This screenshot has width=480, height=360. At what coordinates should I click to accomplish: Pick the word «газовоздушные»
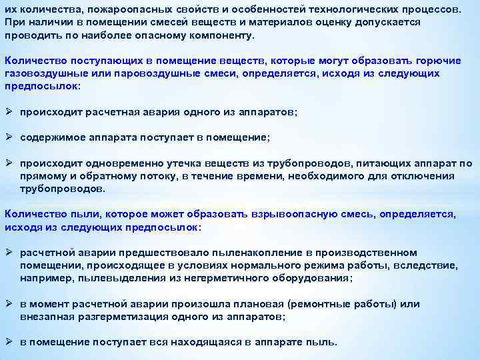coord(43,73)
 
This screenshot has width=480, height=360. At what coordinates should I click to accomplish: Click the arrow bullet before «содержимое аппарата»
coord(9,137)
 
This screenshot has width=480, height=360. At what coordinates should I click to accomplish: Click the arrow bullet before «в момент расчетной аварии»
coord(9,304)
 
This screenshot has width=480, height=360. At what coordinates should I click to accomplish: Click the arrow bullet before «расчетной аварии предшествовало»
coord(9,253)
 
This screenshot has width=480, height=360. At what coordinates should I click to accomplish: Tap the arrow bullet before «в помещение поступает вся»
coord(9,342)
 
